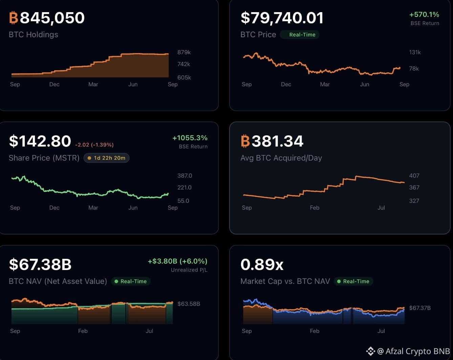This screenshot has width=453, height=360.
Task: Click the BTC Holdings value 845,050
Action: [52, 18]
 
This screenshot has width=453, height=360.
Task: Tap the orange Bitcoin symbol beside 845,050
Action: [14, 18]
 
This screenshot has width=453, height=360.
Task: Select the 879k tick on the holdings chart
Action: [184, 52]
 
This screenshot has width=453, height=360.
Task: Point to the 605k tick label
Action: [184, 77]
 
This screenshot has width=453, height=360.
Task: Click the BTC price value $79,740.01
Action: [282, 18]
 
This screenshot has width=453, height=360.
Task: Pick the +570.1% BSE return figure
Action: [424, 15]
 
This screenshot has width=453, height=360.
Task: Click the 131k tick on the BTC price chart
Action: [415, 52]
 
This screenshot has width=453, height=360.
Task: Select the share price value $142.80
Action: [40, 141]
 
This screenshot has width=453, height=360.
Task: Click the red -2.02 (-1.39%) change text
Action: [94, 145]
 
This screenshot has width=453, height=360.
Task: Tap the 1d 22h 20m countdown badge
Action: [107, 158]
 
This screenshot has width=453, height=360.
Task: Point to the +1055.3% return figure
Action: [190, 138]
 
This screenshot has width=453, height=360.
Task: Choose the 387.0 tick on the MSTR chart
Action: [185, 176]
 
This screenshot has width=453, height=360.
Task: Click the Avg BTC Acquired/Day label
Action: [281, 158]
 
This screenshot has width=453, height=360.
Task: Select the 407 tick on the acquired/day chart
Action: [414, 176]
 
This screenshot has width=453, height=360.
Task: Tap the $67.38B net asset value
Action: [40, 265]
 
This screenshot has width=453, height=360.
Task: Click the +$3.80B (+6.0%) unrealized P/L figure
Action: [178, 261]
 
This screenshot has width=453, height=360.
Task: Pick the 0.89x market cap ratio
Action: [262, 265]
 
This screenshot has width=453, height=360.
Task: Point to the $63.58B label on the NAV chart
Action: [189, 303]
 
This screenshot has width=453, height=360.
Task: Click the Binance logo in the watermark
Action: [370, 351]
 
